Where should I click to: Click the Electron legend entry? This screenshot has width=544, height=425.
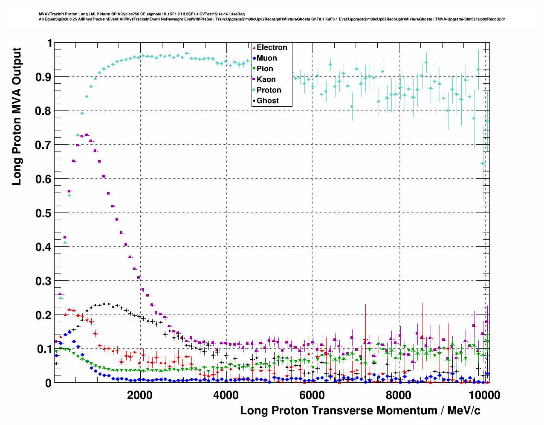tap(272, 48)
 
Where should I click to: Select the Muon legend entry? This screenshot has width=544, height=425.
tap(266, 58)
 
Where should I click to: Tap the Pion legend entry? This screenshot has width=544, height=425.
tap(265, 69)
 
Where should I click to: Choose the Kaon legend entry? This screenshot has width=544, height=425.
tap(266, 80)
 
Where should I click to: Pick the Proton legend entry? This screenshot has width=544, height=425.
tap(269, 90)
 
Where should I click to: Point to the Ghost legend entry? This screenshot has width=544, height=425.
tap(267, 101)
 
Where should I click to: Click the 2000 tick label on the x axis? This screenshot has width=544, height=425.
tap(140, 395)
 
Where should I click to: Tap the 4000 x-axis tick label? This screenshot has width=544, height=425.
tap(226, 395)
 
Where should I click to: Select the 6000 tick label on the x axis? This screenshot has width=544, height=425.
tap(312, 395)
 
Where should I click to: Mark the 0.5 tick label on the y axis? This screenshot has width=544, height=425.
tap(44, 213)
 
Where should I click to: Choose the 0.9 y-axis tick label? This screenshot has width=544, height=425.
tap(44, 77)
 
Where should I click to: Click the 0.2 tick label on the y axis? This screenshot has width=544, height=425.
tap(44, 315)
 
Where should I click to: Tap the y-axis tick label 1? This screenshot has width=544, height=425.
tap(49, 43)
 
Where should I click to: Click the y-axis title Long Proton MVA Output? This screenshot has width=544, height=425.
tap(17, 116)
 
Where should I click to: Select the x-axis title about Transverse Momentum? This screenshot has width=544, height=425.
tap(360, 410)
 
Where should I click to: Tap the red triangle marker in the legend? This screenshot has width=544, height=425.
tap(254, 48)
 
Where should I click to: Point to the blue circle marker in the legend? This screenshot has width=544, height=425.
tap(254, 58)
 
